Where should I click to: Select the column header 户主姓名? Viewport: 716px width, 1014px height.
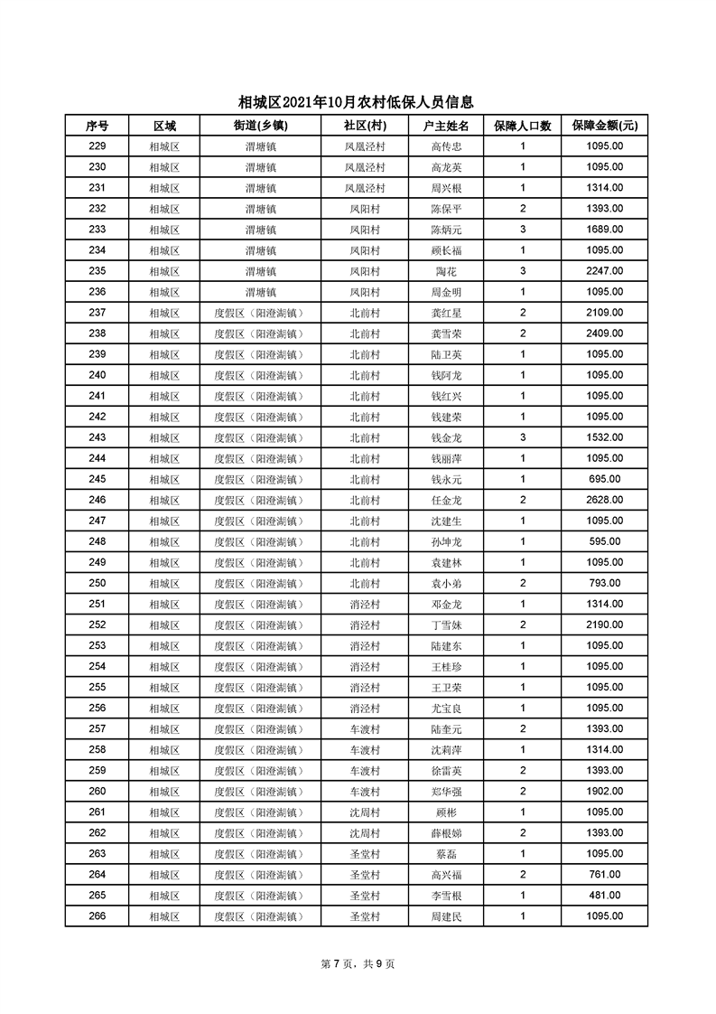(x=446, y=126)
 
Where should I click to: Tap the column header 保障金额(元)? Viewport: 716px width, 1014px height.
(x=603, y=126)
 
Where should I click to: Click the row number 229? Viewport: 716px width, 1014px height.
(x=98, y=146)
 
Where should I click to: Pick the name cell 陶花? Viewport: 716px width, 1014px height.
(x=446, y=271)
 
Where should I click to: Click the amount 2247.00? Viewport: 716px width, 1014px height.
(x=603, y=271)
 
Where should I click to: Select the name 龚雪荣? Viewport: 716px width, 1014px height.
(x=446, y=333)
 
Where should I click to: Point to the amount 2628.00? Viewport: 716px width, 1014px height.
(x=603, y=500)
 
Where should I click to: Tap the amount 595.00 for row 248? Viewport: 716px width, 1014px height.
(x=603, y=541)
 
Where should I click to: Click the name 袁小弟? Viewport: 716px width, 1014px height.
(x=446, y=583)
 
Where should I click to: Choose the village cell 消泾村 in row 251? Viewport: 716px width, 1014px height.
(x=365, y=604)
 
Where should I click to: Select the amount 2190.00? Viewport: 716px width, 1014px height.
(x=603, y=624)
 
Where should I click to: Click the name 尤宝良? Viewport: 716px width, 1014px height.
(x=446, y=708)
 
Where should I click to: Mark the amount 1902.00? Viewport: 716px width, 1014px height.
(x=603, y=791)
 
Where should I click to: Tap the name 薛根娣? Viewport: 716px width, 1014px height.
(x=446, y=832)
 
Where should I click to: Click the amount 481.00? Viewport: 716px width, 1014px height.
(x=603, y=895)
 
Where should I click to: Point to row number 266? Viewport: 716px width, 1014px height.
(x=98, y=915)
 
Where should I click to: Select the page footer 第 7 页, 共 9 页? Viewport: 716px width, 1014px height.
(x=358, y=964)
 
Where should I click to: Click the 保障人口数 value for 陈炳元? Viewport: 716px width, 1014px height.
(x=522, y=230)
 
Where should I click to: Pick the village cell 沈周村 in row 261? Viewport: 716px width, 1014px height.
(x=365, y=812)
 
